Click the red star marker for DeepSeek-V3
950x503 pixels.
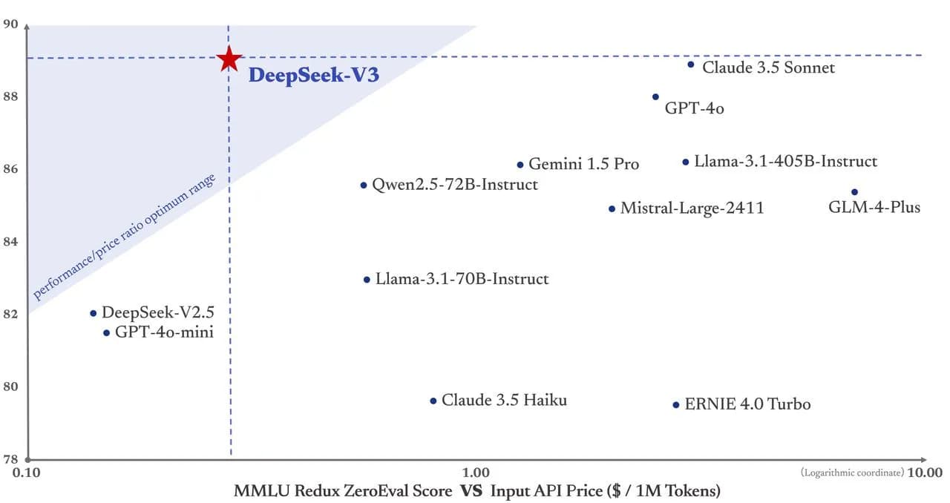(x=229, y=59)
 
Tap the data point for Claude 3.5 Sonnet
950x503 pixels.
(x=690, y=65)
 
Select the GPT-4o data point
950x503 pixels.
(x=655, y=96)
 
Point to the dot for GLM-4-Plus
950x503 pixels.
(x=854, y=192)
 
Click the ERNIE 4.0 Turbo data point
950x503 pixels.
(x=675, y=404)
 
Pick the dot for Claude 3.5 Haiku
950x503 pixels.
(x=433, y=401)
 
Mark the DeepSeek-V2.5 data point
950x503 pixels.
(x=93, y=313)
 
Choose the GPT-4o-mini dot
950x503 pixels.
(x=106, y=333)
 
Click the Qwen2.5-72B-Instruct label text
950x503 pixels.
(x=454, y=184)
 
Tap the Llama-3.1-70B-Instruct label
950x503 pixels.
(x=462, y=279)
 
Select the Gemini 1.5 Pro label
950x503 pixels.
(x=583, y=164)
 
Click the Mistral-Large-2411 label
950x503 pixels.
(x=692, y=208)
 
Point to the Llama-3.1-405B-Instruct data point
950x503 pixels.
(x=686, y=162)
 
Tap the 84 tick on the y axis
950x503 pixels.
(x=10, y=241)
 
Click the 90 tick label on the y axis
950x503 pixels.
(x=10, y=24)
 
